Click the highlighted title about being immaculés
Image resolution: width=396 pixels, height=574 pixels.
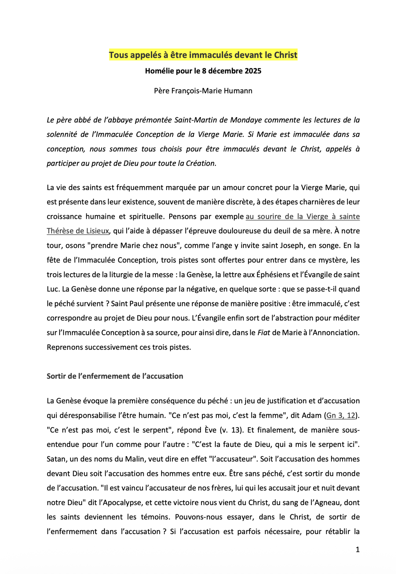203,55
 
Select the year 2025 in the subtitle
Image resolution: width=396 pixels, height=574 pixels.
252,71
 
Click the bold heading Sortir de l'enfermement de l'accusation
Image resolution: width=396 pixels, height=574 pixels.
115,376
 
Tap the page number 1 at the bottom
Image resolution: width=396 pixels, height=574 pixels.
357,550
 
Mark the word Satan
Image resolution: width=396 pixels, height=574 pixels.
57,459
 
